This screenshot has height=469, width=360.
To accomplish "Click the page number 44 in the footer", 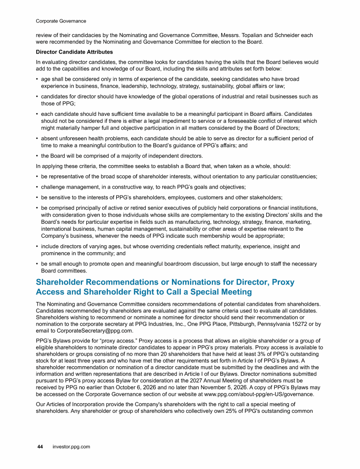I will [40, 447].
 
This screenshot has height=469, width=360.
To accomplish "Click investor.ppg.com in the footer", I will [71, 447].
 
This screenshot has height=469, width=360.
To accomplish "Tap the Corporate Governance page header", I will [61, 21].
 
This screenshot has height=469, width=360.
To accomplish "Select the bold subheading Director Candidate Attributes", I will [75, 52].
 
